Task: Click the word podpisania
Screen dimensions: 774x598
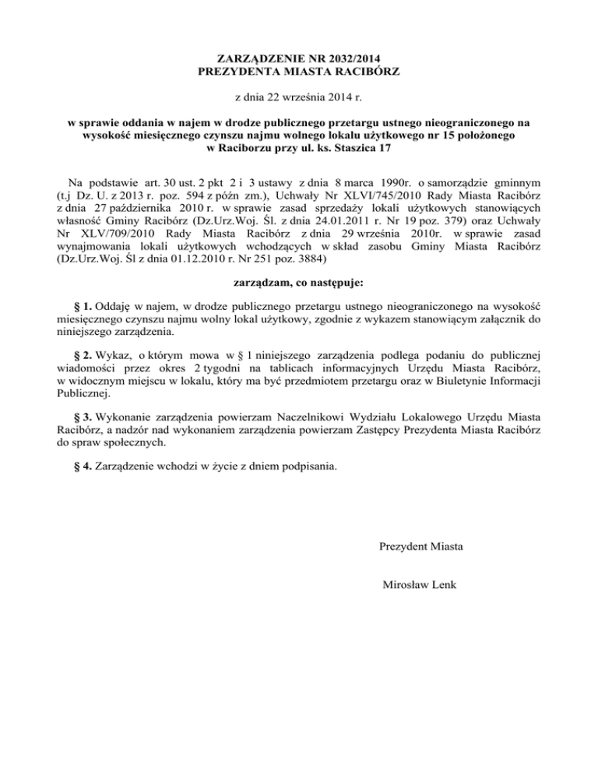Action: point(311,470)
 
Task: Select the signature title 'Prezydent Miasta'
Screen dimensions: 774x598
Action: point(421,547)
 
